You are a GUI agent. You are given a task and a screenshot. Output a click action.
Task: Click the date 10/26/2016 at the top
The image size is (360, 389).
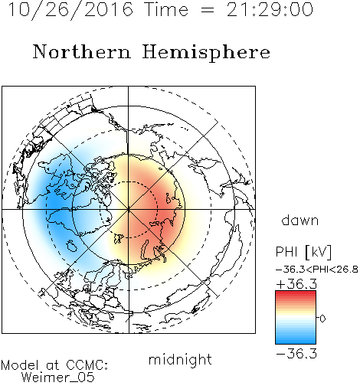tap(70, 10)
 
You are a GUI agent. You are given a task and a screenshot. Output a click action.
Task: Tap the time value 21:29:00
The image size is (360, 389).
tap(270, 9)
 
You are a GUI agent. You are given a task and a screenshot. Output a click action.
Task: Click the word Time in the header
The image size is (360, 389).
tap(166, 9)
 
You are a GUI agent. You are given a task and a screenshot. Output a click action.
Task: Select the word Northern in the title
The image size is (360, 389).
tap(82, 51)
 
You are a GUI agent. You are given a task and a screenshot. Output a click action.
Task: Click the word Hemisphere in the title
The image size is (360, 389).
tap(206, 53)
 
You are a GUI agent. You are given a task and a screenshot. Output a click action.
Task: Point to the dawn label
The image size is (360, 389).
tap(300, 220)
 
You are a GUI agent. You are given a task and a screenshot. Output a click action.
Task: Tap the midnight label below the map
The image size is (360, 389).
tap(180, 359)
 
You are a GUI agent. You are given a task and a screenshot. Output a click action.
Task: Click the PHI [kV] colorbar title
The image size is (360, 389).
tap(303, 252)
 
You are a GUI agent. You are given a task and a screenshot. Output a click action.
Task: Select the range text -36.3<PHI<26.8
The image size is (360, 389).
tap(317, 270)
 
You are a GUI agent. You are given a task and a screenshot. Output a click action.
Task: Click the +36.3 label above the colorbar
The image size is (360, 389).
tap(296, 284)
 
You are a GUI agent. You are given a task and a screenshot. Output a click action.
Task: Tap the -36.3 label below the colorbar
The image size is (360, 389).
tap(296, 354)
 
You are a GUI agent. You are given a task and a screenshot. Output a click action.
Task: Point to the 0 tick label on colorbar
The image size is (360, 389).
tap(322, 319)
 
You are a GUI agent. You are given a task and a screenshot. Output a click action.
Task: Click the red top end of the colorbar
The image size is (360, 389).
tap(296, 293)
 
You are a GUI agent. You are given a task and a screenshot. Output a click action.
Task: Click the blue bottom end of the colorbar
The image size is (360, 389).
tap(296, 342)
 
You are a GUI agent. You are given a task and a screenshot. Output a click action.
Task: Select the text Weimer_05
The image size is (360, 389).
tap(58, 378)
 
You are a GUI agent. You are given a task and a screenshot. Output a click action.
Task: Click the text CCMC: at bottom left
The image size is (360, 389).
tap(87, 364)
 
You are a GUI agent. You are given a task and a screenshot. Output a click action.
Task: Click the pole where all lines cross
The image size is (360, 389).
tap(129, 209)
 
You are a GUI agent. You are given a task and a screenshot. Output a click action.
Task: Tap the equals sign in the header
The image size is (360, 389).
tap(208, 10)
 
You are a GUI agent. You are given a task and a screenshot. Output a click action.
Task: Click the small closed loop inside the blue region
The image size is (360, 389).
tap(72, 246)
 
